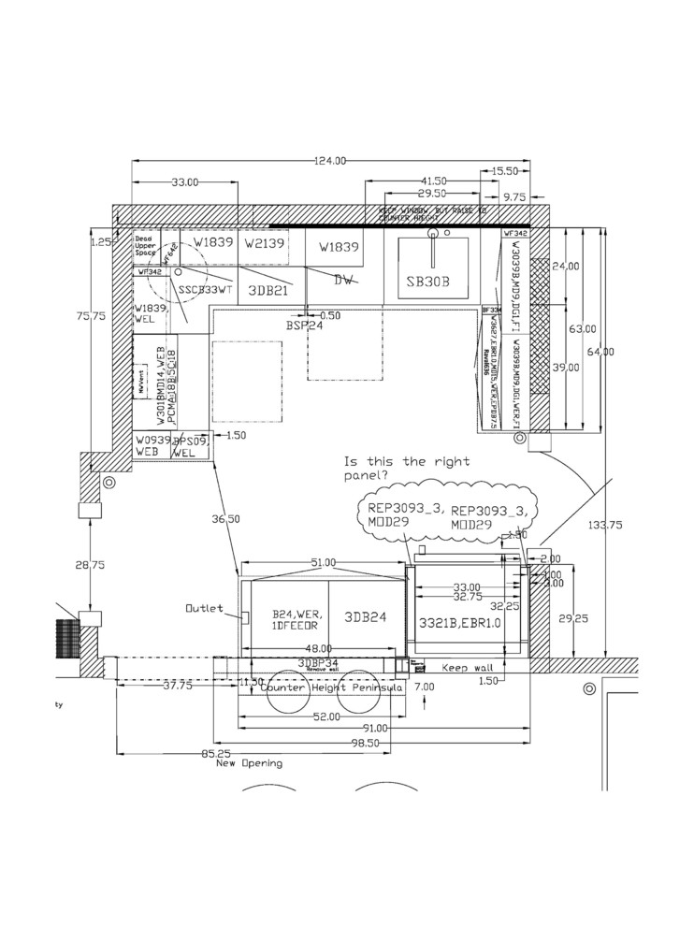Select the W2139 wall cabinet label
(x=263, y=243)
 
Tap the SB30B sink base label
(x=428, y=281)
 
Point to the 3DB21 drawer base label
(x=267, y=290)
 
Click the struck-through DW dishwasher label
(x=343, y=279)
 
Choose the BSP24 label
(x=304, y=326)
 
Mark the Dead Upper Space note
(x=147, y=245)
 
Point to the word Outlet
(x=204, y=608)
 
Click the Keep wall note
(x=465, y=669)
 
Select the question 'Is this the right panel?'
(x=407, y=469)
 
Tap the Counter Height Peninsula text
(x=331, y=687)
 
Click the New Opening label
(x=249, y=763)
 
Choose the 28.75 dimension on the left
(x=90, y=566)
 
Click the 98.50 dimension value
(x=364, y=743)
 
